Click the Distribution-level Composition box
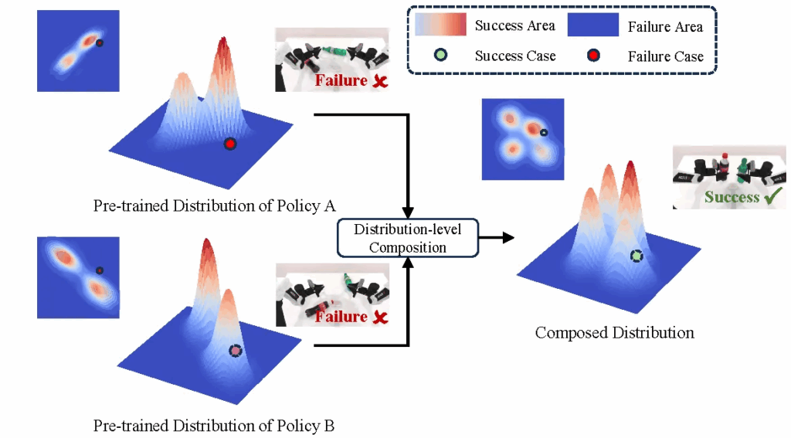point(408,238)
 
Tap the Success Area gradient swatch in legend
point(440,25)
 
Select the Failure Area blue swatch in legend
point(592,25)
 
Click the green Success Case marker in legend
point(439,56)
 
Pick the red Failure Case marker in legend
point(593,56)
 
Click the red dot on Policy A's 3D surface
point(229,144)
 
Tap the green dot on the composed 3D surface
point(636,256)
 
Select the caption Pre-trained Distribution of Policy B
point(214,426)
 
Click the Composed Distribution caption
point(614,333)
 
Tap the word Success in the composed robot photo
point(732,197)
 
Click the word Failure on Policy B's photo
point(341,317)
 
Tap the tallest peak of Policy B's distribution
point(207,246)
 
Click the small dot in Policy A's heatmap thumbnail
point(100,43)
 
